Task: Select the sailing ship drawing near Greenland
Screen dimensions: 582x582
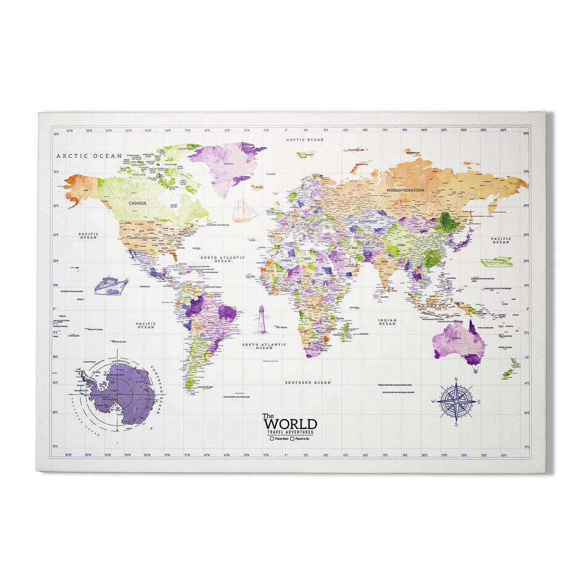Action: (245, 211)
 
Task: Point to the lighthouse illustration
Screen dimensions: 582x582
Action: (261, 320)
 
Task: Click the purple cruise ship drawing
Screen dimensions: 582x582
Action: (111, 286)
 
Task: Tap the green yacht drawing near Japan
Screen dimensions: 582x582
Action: (496, 262)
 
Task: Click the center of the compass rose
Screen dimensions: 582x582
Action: (456, 401)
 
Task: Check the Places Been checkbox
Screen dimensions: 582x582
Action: (273, 439)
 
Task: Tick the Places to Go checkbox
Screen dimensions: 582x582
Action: (293, 439)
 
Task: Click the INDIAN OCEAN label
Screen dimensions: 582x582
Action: (387, 322)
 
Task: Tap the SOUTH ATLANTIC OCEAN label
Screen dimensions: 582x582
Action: (264, 346)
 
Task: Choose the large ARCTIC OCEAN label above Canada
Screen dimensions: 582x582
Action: (89, 156)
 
